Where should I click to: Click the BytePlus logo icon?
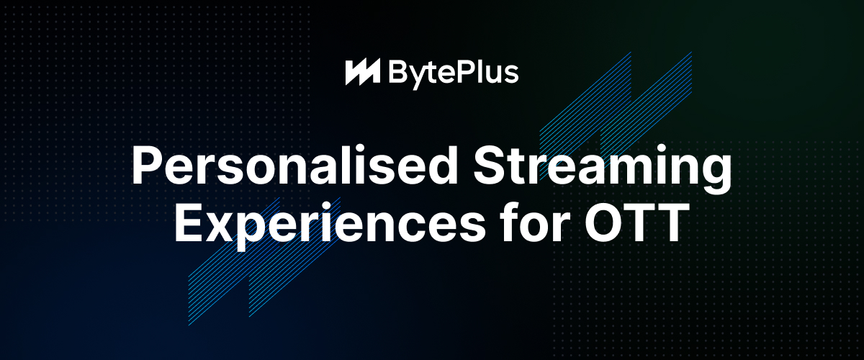pos(363,72)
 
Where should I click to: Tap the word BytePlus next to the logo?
pos(454,74)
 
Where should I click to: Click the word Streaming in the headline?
pos(603,170)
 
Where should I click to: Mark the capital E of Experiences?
pos(189,222)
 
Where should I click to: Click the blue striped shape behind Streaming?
pos(616,116)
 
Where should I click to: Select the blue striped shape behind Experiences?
pos(264,261)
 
